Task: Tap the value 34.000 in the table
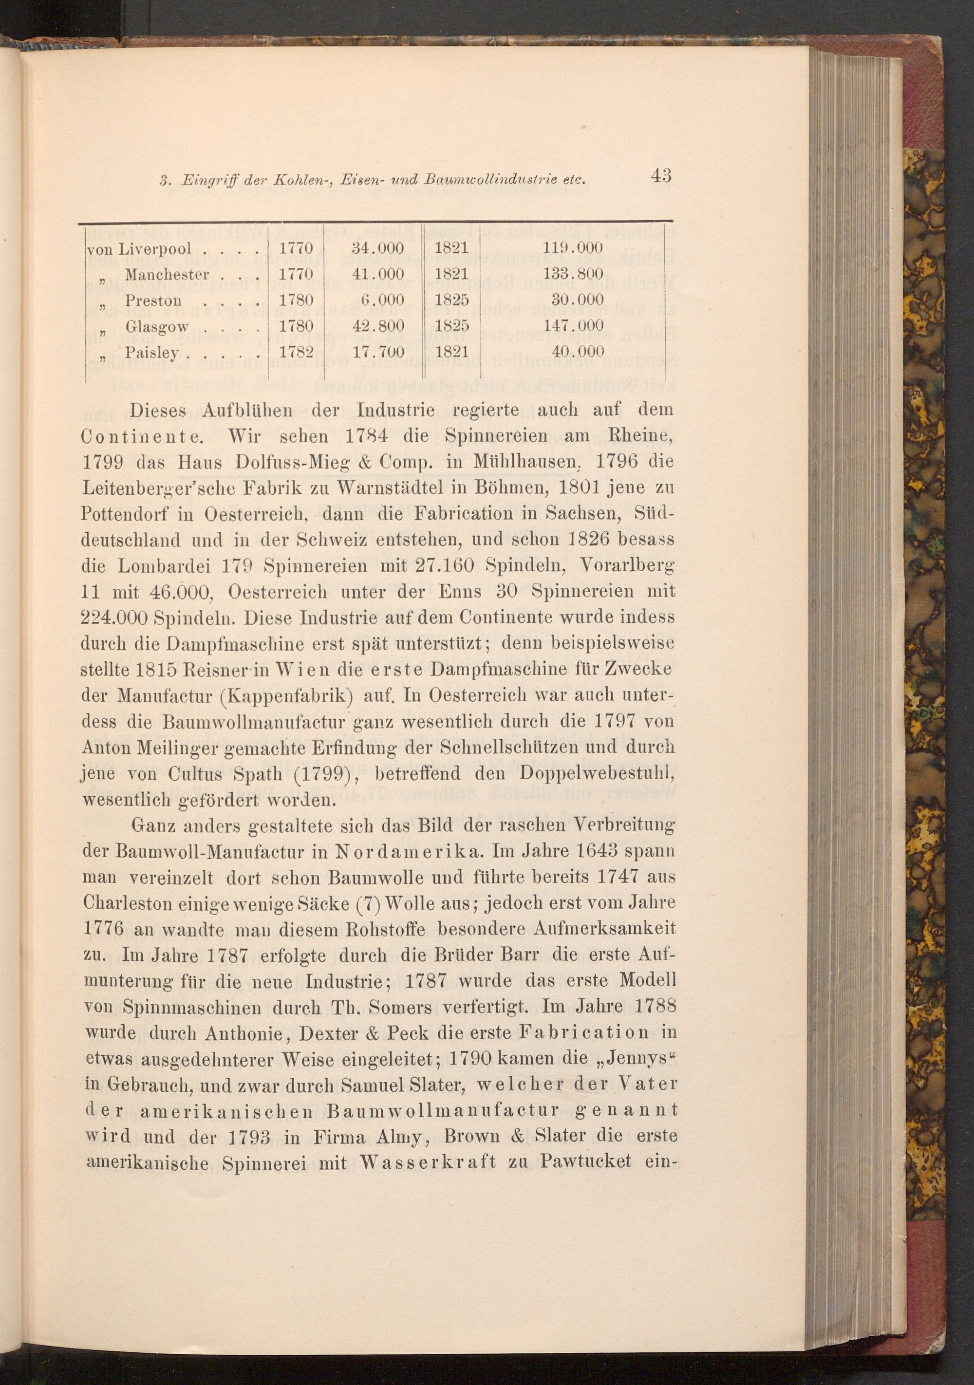click(x=377, y=248)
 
